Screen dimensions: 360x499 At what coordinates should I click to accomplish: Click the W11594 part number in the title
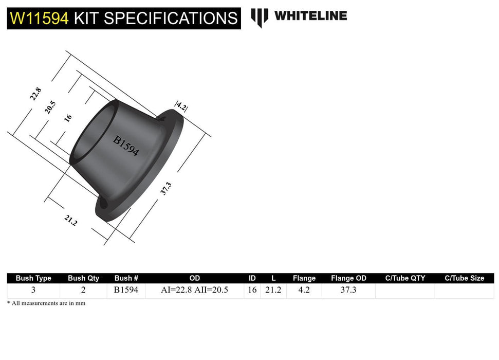click(x=39, y=19)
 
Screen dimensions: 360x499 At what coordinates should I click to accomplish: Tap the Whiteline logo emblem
click(x=260, y=17)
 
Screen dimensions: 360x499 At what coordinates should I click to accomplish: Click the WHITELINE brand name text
click(x=310, y=15)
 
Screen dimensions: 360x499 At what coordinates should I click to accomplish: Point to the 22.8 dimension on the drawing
click(x=35, y=94)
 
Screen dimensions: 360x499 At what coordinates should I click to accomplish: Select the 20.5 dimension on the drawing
click(x=50, y=107)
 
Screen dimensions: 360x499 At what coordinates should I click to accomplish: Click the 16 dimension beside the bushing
click(x=68, y=118)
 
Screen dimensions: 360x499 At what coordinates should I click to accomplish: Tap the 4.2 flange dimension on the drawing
click(x=181, y=106)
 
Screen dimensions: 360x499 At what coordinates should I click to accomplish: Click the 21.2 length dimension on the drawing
click(x=70, y=221)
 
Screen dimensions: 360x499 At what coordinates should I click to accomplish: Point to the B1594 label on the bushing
click(x=126, y=146)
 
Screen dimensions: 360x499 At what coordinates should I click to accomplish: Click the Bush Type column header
click(x=33, y=278)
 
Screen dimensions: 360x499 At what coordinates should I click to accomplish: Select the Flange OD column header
click(x=348, y=278)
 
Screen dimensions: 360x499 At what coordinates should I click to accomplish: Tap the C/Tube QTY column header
click(x=405, y=278)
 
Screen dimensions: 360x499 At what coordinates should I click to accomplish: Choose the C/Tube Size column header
click(x=464, y=278)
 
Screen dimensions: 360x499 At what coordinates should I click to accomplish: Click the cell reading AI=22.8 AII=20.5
click(x=194, y=290)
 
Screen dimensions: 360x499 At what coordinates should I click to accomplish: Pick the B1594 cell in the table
click(x=126, y=290)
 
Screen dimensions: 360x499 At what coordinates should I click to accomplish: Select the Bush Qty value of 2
click(x=83, y=290)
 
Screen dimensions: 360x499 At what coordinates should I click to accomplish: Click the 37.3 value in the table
click(x=348, y=290)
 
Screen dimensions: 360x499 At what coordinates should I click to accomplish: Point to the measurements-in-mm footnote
click(x=46, y=303)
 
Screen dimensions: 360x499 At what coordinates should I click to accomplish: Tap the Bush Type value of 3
click(x=33, y=290)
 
